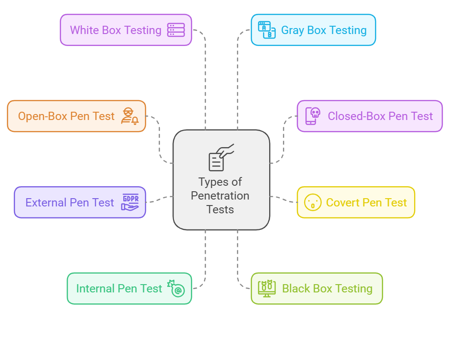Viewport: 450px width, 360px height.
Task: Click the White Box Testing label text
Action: (x=115, y=30)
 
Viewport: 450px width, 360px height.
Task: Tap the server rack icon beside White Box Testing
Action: (x=176, y=30)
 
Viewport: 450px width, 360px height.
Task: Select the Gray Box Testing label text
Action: (x=323, y=30)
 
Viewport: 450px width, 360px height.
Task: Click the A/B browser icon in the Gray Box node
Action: (x=266, y=30)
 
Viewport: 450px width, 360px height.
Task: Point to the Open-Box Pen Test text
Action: (x=66, y=116)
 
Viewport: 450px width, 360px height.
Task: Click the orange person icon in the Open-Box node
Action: (x=129, y=116)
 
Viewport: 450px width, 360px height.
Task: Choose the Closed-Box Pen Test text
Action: (x=380, y=116)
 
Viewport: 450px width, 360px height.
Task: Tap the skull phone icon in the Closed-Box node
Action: (x=313, y=116)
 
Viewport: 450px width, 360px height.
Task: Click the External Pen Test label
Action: (x=69, y=203)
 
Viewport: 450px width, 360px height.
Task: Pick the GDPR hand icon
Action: (x=130, y=202)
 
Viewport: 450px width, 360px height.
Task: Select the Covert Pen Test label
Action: (x=366, y=203)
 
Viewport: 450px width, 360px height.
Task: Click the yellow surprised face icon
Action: (x=313, y=202)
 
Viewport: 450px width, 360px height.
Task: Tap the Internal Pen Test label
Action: (x=119, y=289)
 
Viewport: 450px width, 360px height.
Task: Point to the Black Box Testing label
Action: (x=327, y=289)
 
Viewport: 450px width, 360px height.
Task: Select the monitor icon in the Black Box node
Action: (x=267, y=288)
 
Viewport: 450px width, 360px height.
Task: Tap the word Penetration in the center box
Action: (x=220, y=196)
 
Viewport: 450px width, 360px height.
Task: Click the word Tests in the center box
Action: (x=220, y=210)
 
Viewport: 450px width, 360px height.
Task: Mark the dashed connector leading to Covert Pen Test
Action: (x=283, y=199)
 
